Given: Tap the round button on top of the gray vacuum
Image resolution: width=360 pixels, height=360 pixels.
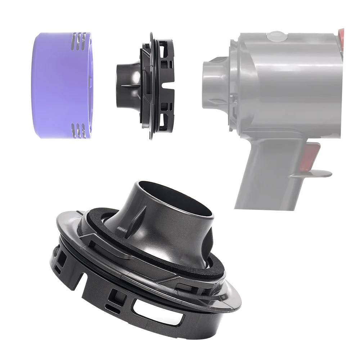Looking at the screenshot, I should pyautogui.click(x=275, y=36).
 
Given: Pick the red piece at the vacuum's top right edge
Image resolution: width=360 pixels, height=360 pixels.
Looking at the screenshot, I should pyautogui.click(x=341, y=38).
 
